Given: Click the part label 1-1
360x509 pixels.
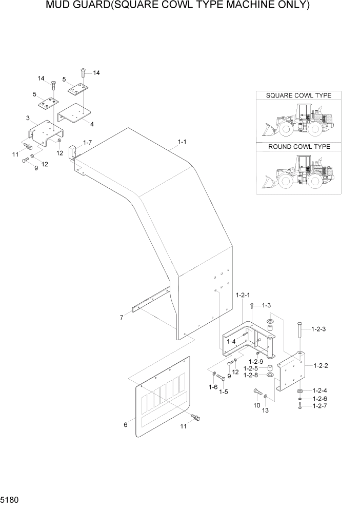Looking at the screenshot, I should pos(182,141).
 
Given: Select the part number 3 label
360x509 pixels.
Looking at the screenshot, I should pos(27,119).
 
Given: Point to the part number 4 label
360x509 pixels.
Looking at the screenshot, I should pos(92,124).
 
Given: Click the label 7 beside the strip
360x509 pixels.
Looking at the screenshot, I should pos(122,318).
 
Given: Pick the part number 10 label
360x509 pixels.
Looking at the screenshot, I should pos(257,406).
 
